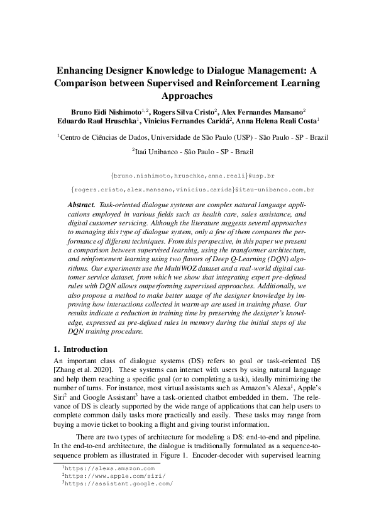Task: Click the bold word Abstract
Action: coord(81,206)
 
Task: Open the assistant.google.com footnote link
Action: coord(119,483)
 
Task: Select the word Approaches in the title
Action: coord(187,96)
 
